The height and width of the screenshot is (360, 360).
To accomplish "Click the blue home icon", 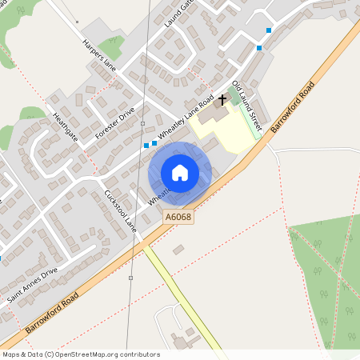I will pyautogui.click(x=180, y=172).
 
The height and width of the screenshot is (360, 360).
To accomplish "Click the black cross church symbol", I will pyautogui.click(x=222, y=99).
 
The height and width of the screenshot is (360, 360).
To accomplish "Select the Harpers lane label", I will pyautogui.click(x=99, y=55).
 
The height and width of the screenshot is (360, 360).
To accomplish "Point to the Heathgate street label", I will pyautogui.click(x=66, y=127).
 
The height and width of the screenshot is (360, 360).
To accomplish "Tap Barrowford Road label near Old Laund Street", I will pyautogui.click(x=296, y=106).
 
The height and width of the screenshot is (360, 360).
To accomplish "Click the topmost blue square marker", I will pyautogui.click(x=269, y=30).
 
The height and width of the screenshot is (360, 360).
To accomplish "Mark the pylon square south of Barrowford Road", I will pyautogui.click(x=130, y=278).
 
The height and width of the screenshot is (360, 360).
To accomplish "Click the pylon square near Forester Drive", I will pyautogui.click(x=142, y=124).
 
